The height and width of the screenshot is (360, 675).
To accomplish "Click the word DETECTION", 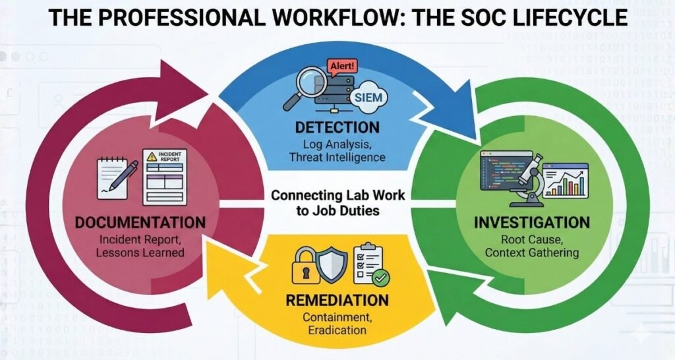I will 337,127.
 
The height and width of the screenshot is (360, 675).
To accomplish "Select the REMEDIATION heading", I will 337,301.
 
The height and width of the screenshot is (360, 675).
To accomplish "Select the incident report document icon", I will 164,176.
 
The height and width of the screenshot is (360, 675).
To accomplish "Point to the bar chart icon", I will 566,179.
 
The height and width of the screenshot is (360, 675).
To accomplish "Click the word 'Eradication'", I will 337,330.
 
